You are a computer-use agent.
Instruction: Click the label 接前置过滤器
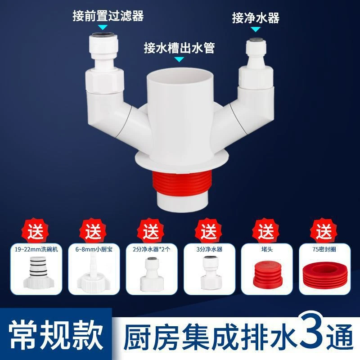pyautogui.click(x=108, y=17)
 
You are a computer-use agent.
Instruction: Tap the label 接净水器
pyautogui.click(x=256, y=18)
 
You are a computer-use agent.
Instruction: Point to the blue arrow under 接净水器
pyautogui.click(x=256, y=30)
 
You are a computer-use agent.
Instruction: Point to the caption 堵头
pyautogui.click(x=265, y=248)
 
